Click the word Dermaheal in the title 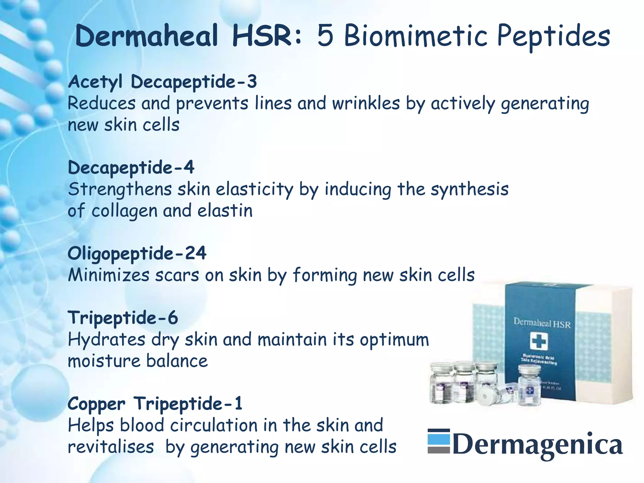[147, 36]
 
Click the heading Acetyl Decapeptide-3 [162, 82]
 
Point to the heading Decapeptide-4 [131, 168]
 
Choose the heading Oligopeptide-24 [137, 253]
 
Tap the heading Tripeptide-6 [123, 318]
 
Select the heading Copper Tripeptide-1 [155, 403]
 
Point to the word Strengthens [120, 189]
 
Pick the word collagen [124, 211]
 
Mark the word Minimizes [108, 275]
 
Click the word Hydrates [107, 340]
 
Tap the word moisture [104, 361]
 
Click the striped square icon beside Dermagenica [439, 441]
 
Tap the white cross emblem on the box [539, 341]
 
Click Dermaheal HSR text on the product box [542, 323]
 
